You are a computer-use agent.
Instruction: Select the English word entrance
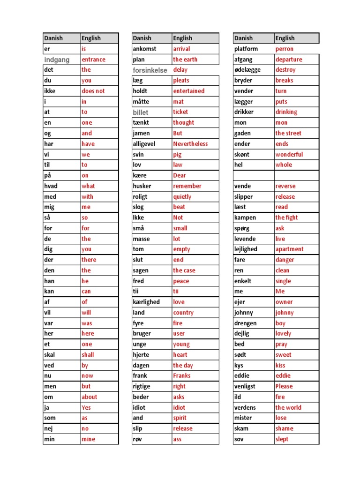tap(93, 60)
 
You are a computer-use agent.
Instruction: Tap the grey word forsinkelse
tap(150, 70)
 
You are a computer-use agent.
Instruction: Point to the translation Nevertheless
tap(190, 144)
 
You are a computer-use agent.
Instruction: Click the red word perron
tap(284, 49)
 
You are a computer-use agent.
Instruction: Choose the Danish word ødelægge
tap(247, 70)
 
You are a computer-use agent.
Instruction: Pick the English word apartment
tap(289, 249)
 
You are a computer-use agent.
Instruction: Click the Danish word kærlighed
tap(146, 302)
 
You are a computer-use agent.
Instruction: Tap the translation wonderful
tap(289, 154)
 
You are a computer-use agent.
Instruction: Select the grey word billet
tap(140, 112)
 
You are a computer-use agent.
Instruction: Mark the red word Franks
tap(181, 375)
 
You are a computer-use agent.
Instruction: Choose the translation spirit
tap(179, 418)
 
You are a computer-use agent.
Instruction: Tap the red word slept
tap(282, 439)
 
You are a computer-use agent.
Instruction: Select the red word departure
tap(289, 60)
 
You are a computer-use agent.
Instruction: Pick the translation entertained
tap(188, 91)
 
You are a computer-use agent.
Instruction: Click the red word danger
tap(285, 260)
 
